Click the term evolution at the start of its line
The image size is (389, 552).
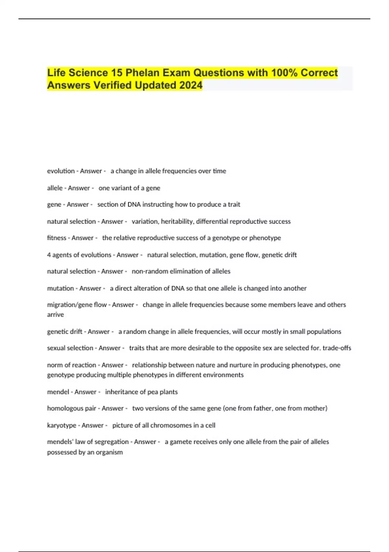61,171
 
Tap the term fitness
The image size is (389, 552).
57,238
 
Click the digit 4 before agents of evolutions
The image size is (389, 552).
49,255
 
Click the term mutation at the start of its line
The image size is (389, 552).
61,288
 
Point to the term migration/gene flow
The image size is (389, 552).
77,305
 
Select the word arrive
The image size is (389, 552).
55,315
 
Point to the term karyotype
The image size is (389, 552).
62,425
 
